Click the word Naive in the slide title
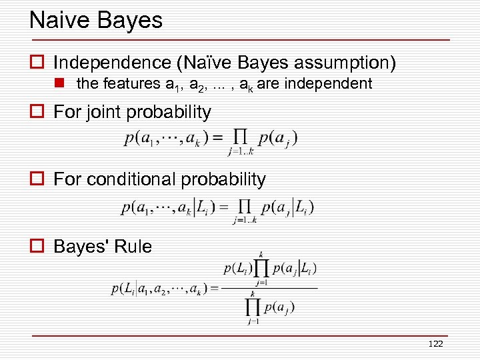(x=59, y=20)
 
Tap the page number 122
(x=435, y=343)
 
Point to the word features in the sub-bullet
(x=130, y=84)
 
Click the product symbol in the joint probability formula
(x=241, y=139)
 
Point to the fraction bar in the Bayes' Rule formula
(x=269, y=288)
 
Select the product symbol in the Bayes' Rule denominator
(x=253, y=307)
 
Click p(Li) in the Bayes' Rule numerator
(x=237, y=269)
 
